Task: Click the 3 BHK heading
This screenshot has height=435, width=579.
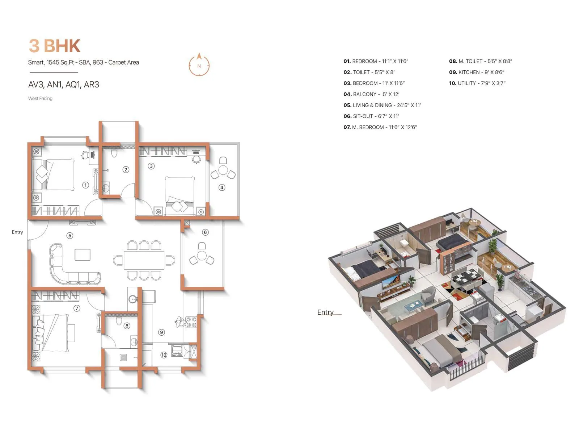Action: click(x=55, y=46)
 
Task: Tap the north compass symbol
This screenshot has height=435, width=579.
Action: click(x=199, y=65)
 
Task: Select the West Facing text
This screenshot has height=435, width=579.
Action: click(x=40, y=99)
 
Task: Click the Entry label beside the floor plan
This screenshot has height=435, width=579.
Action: click(x=17, y=232)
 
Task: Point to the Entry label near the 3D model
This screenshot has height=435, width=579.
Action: click(x=325, y=312)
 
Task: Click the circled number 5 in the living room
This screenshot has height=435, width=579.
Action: click(x=70, y=236)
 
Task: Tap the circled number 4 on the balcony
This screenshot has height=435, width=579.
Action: click(x=222, y=187)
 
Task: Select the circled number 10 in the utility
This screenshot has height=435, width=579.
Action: click(x=164, y=355)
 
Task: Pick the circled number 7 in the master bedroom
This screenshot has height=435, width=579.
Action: click(x=77, y=308)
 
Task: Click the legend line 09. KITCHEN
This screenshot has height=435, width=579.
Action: click(x=477, y=72)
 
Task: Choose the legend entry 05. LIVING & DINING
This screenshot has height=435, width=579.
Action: click(x=382, y=105)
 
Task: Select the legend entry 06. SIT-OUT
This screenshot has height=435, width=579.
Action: click(x=371, y=116)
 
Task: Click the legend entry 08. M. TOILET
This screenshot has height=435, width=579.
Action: click(x=480, y=61)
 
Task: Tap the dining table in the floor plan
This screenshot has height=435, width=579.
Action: click(x=144, y=260)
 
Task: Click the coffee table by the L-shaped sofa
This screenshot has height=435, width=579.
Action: click(x=83, y=254)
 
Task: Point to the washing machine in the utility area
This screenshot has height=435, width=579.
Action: click(x=177, y=351)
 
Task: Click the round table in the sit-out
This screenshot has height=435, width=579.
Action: click(x=202, y=256)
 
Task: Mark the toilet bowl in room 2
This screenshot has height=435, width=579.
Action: click(x=115, y=153)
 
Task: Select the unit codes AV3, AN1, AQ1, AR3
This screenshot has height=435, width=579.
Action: click(x=64, y=84)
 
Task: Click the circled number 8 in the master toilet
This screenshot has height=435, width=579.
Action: click(x=127, y=326)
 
